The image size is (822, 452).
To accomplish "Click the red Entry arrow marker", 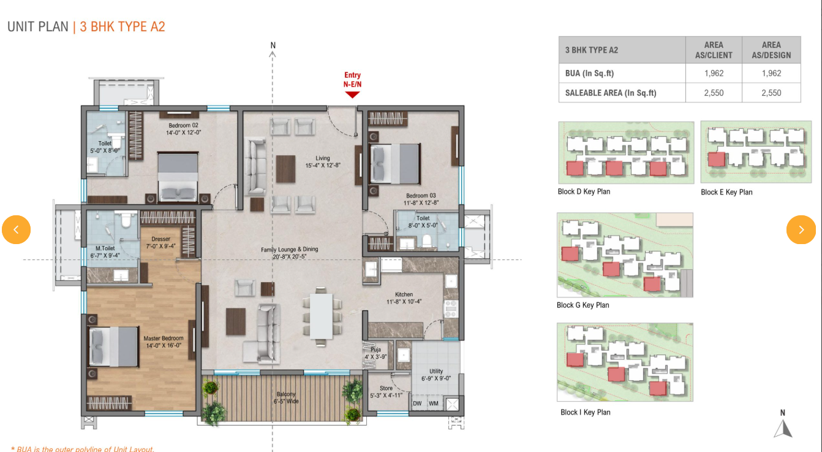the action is coord(352,95).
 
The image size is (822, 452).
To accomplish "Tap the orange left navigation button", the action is coord(16,229).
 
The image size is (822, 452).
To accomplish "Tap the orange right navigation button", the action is coord(801,229).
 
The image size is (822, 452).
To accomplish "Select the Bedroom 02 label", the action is coord(184,129).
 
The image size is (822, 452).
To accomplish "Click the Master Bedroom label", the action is coord(164,342).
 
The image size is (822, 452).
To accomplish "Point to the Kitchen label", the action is coord(404,298).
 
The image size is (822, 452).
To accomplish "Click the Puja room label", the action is coord(375,353).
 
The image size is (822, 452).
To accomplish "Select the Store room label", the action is coord(386,392).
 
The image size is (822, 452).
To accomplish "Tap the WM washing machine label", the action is coord(434,403).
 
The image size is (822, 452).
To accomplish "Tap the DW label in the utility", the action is coord(417,403).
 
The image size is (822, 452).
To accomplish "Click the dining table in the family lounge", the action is coord(322,316).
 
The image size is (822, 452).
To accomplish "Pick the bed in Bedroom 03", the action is coord(394,164).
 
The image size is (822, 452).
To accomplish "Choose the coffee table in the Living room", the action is coord(285,169).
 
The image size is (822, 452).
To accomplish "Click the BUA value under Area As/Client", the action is coord(714,73).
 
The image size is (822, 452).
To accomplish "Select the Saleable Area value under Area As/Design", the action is coord(771,93).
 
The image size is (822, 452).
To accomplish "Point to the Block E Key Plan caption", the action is coord(726,192).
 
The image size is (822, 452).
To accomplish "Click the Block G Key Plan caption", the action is coord(583,305).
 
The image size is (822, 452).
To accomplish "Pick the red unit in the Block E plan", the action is coord(717,159).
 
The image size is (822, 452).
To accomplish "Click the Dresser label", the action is coord(160,242).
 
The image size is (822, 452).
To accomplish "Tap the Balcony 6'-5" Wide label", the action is coord(286,397).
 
